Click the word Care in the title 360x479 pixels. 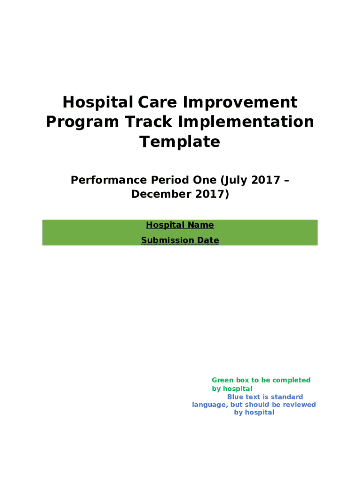(155, 102)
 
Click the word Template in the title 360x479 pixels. (180, 141)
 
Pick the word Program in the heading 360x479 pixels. (82, 122)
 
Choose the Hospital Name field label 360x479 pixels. (180, 225)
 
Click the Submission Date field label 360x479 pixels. (180, 240)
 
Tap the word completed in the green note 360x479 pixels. (291, 380)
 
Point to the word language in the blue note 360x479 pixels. (209, 405)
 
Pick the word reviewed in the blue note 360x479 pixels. (297, 405)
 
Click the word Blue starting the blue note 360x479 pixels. (235, 397)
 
